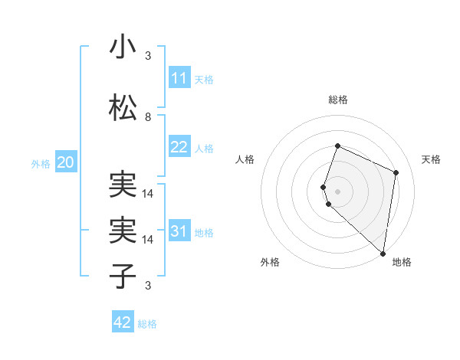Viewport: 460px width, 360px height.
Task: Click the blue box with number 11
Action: coord(179,78)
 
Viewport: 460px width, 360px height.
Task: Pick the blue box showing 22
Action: coord(179,147)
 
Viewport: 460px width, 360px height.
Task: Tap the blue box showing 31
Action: coord(179,231)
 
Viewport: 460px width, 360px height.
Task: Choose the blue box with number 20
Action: coord(66,162)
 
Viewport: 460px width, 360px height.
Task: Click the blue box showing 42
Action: coord(123,322)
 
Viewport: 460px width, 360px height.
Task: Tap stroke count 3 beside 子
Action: coord(148,286)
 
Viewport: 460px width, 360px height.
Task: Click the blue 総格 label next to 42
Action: coord(147,324)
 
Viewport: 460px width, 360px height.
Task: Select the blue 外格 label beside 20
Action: coord(41,163)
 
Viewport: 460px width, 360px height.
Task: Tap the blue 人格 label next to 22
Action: coord(204,148)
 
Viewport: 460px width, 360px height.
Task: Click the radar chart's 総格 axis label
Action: coord(338,100)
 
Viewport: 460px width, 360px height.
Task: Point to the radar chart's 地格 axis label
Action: coord(402,262)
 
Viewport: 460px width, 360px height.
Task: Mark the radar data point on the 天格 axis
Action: coord(396,172)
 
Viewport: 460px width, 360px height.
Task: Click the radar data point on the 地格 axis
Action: coord(383,254)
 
